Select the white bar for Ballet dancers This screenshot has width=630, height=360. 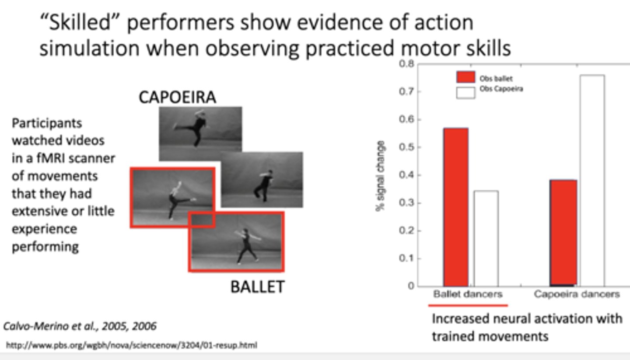pos(486,238)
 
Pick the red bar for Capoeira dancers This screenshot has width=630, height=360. pos(563,233)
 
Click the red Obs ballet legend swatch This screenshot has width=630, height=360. pos(465,77)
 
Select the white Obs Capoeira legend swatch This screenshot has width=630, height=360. pos(465,92)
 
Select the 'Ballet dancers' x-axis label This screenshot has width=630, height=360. pos(468,294)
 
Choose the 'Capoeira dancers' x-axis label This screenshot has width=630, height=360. pos(577,294)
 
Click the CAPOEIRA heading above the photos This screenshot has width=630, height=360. pos(177,97)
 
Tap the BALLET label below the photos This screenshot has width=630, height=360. pos(257,287)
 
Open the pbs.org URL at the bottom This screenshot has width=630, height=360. pos(131,346)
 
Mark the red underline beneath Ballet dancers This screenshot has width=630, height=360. pos(468,305)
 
